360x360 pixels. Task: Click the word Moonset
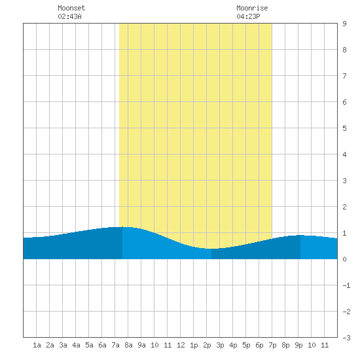pos(71,8)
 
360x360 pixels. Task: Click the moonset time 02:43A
pos(69,16)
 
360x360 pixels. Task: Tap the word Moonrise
pos(252,8)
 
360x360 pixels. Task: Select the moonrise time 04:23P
pos(248,16)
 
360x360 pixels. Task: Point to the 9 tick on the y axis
pos(344,24)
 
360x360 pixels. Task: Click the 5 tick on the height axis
pos(344,128)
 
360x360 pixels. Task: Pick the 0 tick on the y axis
pos(344,259)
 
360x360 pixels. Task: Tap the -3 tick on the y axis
pos(346,338)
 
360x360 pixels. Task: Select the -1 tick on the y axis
pos(346,285)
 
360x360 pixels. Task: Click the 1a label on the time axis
pos(37,345)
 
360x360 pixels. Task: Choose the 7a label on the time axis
pos(115,345)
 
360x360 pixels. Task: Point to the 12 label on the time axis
pos(181,345)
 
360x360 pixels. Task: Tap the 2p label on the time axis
pos(207,345)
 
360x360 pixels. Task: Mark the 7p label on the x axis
pos(272,345)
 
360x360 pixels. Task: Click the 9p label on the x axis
pos(298,345)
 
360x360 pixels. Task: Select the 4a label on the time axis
pos(76,345)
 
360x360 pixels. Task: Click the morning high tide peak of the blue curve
pos(122,227)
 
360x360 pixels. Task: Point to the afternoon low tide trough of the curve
pos(211,249)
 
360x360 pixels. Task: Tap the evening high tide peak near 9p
pos(300,235)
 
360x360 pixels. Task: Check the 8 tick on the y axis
pos(344,50)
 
